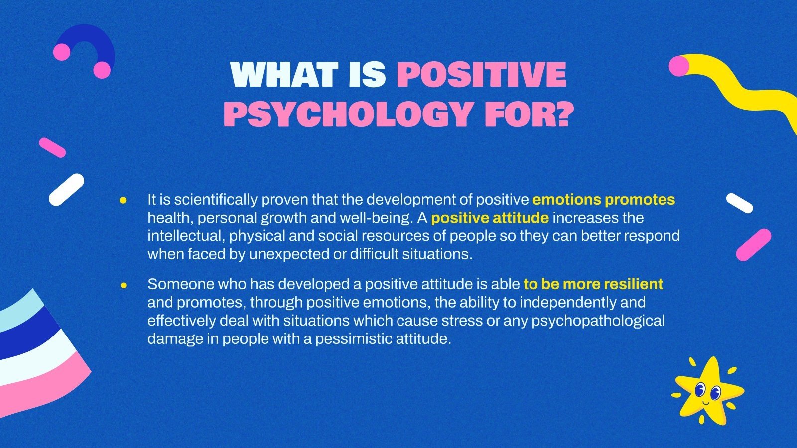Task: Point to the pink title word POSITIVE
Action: pyautogui.click(x=482, y=75)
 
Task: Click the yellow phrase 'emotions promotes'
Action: pyautogui.click(x=604, y=200)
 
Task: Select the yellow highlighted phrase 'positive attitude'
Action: pyautogui.click(x=490, y=218)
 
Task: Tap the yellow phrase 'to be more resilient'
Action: pyautogui.click(x=593, y=284)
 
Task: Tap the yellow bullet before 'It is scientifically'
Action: pyautogui.click(x=123, y=200)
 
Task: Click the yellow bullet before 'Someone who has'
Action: pyautogui.click(x=124, y=285)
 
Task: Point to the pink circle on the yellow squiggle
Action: pyautogui.click(x=678, y=66)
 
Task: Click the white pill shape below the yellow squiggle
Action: pyautogui.click(x=739, y=203)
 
